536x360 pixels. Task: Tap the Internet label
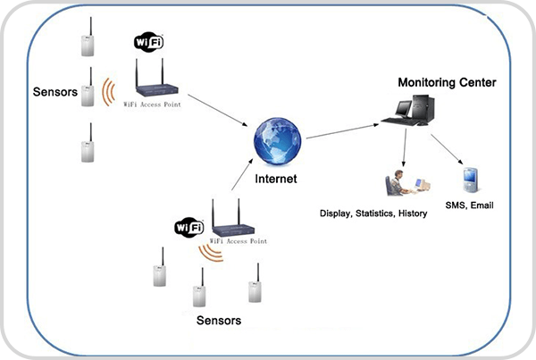[275, 179]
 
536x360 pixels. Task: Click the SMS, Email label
[469, 205]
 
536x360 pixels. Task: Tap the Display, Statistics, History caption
[373, 214]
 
